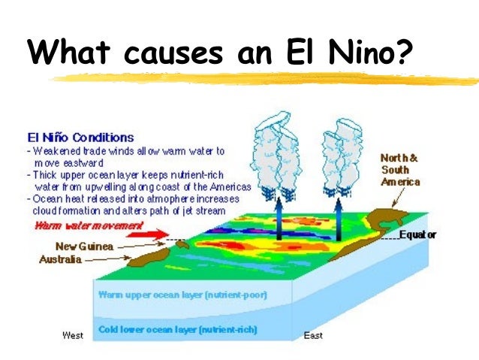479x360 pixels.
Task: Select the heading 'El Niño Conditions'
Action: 80,138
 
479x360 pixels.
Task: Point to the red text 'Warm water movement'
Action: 89,225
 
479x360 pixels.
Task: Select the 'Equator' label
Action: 417,235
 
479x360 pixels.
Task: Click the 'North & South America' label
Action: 400,170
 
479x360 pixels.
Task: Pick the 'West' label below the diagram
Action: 72,335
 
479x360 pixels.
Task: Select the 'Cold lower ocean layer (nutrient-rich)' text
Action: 177,329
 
